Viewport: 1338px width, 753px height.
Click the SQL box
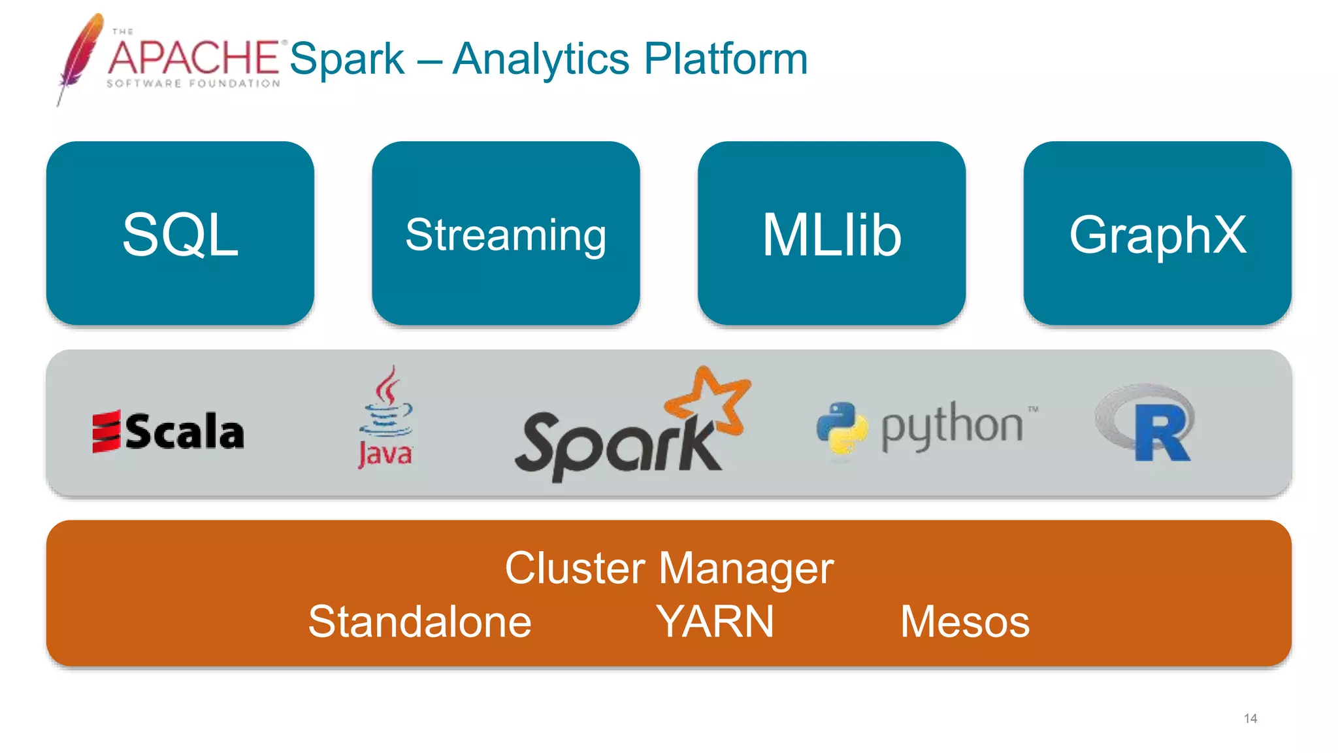coord(180,233)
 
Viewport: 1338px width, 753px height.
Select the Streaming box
coord(506,233)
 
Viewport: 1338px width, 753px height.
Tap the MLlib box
coord(831,233)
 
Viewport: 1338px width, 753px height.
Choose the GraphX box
coord(1157,233)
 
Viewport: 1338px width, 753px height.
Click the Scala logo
coord(168,431)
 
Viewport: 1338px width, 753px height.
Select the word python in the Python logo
coord(952,426)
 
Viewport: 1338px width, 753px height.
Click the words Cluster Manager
coord(669,567)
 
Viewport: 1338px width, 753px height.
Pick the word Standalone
coord(419,621)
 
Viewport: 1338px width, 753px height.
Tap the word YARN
coord(715,621)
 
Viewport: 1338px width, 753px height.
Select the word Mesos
coord(964,621)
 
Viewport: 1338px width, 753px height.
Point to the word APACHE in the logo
coord(193,58)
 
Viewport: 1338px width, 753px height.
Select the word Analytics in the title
coord(541,59)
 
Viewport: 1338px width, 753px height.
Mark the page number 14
coord(1250,718)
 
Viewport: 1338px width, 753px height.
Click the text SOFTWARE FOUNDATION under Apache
coord(193,84)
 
